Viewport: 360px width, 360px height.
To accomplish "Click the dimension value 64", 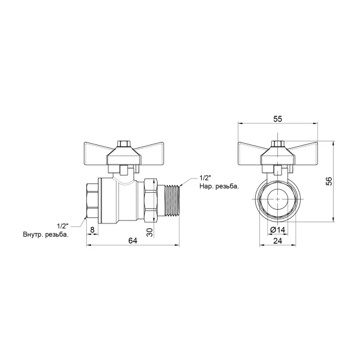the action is point(133,241).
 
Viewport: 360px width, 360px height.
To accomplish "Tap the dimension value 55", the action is point(277,119).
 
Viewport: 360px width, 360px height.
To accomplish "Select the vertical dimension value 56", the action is point(329,181).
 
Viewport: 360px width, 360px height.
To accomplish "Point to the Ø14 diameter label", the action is point(277,229).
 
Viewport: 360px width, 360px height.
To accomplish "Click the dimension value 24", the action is point(277,241).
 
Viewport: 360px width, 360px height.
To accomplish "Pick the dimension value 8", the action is point(92,230).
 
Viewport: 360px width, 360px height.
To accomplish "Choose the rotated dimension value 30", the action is point(150,232).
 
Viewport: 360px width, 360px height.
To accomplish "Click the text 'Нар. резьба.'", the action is point(219,186).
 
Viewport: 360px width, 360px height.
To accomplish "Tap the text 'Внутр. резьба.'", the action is point(46,235).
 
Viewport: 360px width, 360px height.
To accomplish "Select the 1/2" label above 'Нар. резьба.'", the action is point(205,178).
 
